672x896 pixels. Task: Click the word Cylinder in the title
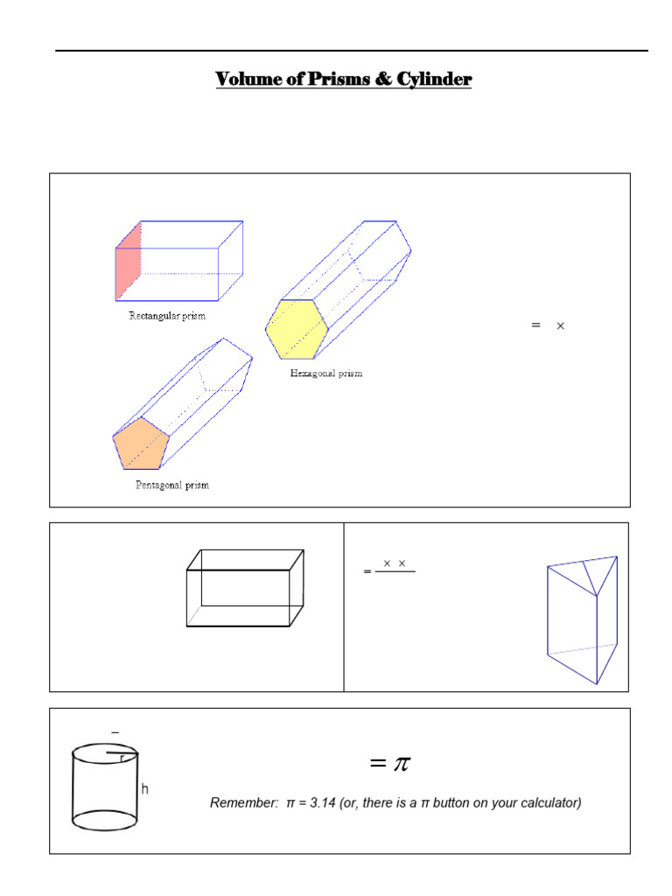pos(433,80)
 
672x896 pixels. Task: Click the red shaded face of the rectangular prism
pos(128,261)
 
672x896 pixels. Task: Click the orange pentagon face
pos(140,443)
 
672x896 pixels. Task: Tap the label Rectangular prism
pos(167,316)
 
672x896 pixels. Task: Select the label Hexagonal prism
pos(325,374)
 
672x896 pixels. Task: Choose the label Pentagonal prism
pos(171,485)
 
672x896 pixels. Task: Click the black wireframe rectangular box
pos(245,588)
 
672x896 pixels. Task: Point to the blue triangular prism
pos(581,618)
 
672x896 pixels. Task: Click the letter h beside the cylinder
pos(144,789)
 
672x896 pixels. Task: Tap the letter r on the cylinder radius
pos(122,759)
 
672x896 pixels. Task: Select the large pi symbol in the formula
pos(401,763)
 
